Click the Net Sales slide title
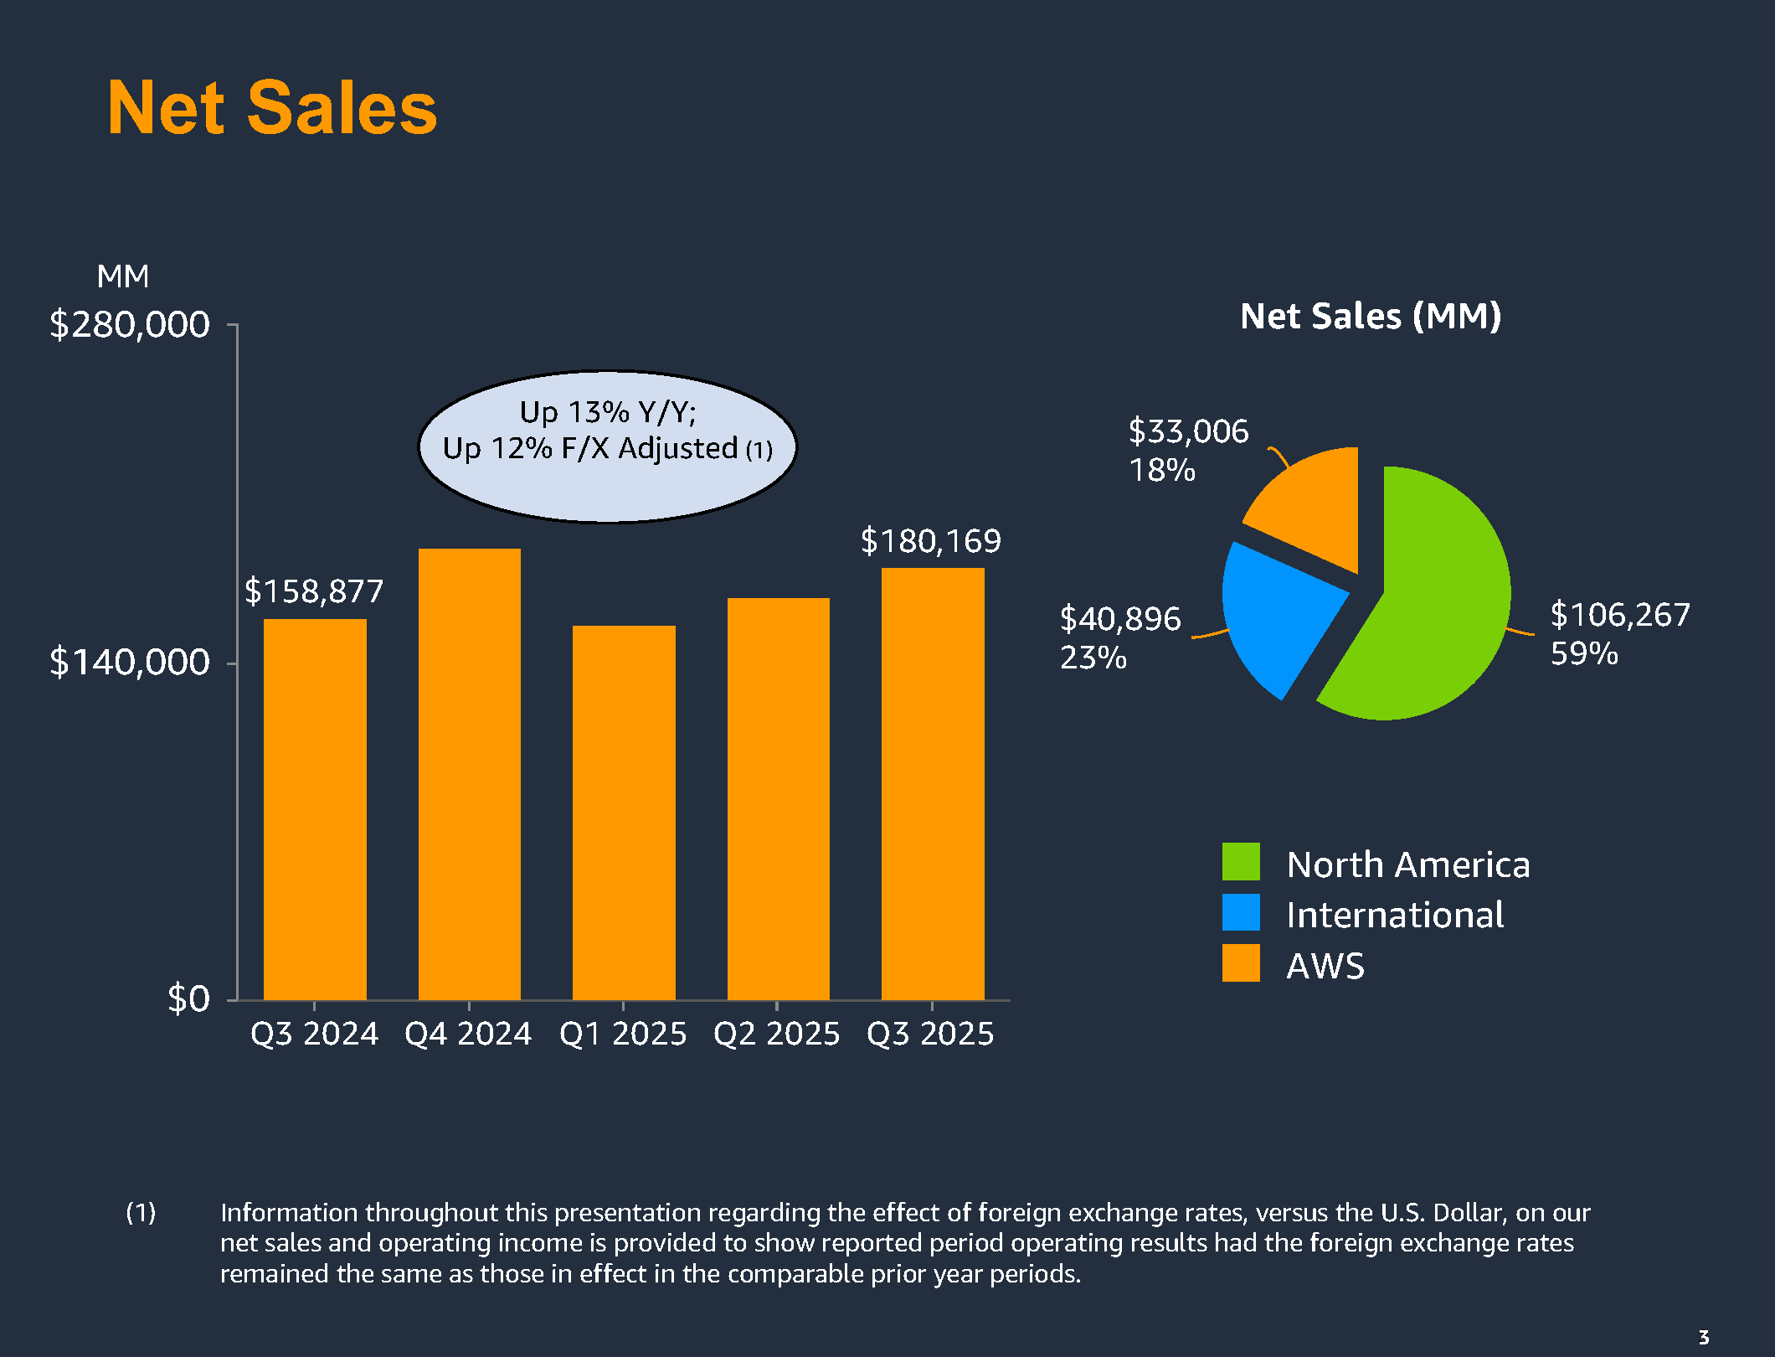point(272,108)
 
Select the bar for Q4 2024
point(469,775)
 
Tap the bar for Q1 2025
point(624,813)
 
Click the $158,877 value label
point(314,591)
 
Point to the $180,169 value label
point(930,541)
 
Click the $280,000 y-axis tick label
point(130,324)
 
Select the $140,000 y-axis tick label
point(130,663)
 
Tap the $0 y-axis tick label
point(188,998)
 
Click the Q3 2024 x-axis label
point(314,1034)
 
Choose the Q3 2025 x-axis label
point(930,1034)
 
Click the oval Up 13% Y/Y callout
point(607,446)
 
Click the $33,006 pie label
point(1188,431)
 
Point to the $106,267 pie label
point(1619,615)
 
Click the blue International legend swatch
point(1241,912)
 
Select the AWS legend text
point(1325,966)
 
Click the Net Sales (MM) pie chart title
point(1371,317)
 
